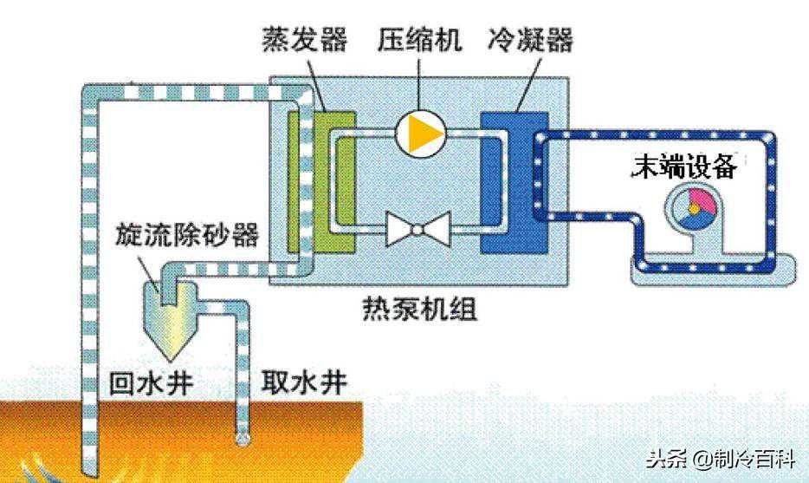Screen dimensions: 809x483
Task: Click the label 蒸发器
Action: [x=305, y=39]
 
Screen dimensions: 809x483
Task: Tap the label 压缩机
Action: [x=419, y=39]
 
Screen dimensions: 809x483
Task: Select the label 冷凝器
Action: [x=530, y=39]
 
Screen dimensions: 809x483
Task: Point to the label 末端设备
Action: [x=684, y=166]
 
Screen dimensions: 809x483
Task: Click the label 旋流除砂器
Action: [x=186, y=235]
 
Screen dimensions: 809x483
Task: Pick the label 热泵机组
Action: [x=419, y=310]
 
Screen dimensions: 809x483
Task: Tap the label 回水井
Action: [x=152, y=383]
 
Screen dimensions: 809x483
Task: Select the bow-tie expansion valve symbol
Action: [x=418, y=228]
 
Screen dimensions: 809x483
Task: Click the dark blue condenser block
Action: [x=514, y=182]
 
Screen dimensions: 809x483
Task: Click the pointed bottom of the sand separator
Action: [x=171, y=358]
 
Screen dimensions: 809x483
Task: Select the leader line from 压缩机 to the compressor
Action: [x=419, y=84]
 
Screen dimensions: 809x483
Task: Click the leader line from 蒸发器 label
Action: [x=316, y=84]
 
